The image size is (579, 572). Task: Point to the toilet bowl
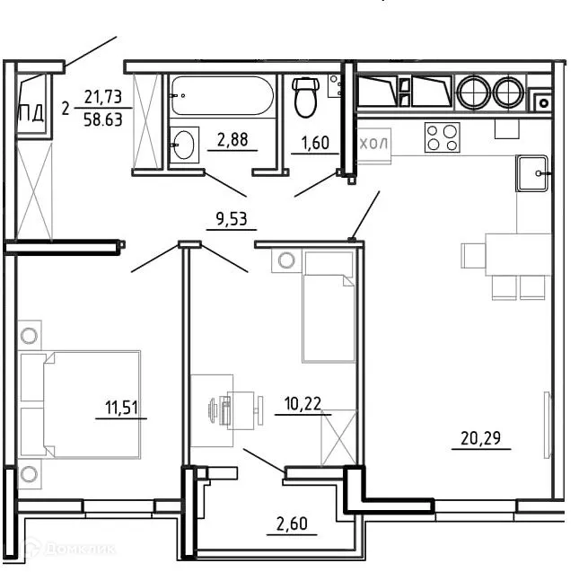(306, 98)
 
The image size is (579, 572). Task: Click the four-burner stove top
(441, 137)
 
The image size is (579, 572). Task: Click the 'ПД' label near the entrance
(31, 114)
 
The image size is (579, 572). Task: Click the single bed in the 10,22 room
(329, 306)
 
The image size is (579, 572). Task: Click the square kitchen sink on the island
(532, 172)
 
